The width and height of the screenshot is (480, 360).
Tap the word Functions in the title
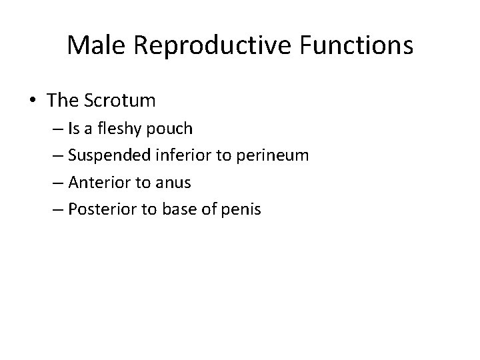354,45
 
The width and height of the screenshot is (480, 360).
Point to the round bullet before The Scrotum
34,101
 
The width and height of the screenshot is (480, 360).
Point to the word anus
175,183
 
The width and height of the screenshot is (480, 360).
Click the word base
190,209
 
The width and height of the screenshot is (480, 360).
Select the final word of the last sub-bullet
245,209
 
